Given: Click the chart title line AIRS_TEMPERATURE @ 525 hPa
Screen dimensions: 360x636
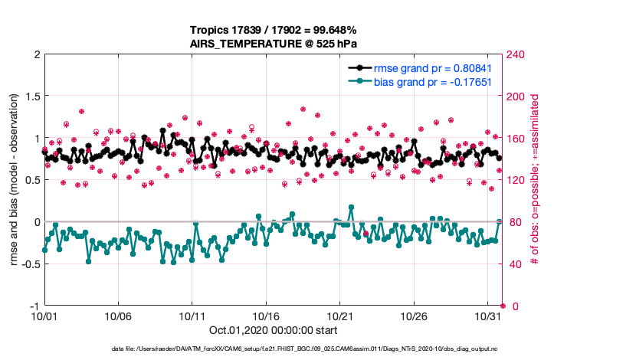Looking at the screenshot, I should tap(273, 44).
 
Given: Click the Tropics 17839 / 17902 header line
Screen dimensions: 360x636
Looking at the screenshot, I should tap(273, 31).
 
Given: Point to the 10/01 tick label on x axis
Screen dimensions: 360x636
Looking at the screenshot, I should tap(44, 316).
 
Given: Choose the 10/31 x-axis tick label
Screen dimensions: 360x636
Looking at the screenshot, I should tap(488, 316).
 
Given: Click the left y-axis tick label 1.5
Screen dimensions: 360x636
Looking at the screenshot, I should tap(31, 97).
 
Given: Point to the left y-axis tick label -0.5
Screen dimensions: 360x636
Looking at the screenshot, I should tap(29, 264).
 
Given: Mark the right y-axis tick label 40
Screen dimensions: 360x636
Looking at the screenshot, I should tap(513, 264).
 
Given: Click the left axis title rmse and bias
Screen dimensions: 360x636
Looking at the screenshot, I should tap(15, 180).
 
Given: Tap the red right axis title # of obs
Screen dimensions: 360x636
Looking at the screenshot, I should tap(536, 180).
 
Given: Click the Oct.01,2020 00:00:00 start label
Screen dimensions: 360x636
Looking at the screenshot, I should tap(273, 331).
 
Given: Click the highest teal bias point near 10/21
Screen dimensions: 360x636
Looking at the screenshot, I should tap(351, 207).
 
